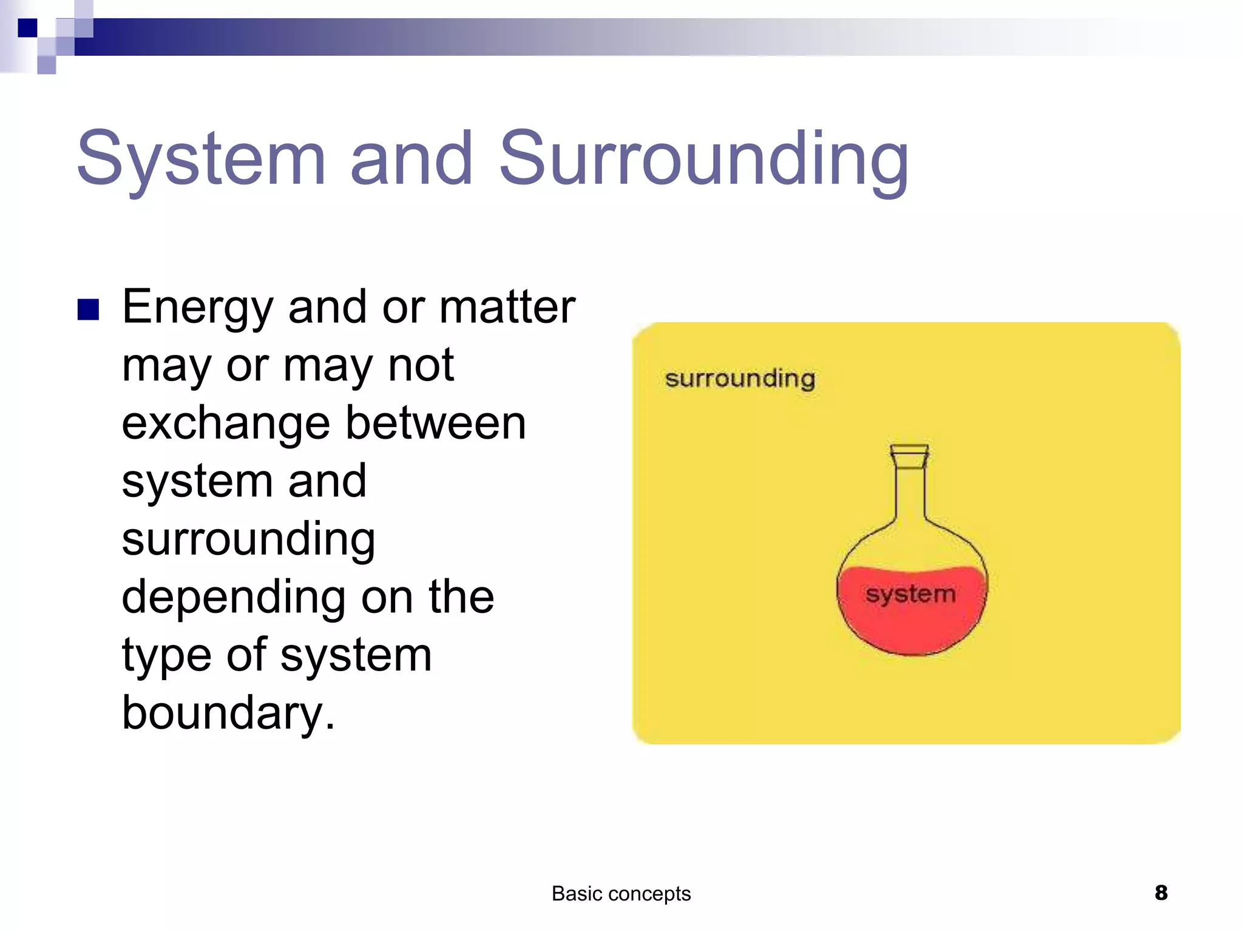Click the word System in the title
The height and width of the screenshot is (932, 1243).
(201, 159)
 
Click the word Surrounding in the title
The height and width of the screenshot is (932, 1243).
(703, 159)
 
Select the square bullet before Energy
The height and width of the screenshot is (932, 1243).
(89, 309)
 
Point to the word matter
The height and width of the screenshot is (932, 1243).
(507, 307)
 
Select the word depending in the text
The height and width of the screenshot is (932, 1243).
(234, 598)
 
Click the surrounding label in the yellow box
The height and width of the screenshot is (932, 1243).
(740, 379)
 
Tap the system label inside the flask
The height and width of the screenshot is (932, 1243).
(910, 594)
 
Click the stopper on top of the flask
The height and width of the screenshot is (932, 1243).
(909, 456)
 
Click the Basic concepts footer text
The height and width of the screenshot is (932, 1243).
(621, 894)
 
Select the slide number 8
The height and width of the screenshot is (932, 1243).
(1160, 893)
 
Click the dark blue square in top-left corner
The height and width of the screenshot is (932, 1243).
(28, 28)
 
